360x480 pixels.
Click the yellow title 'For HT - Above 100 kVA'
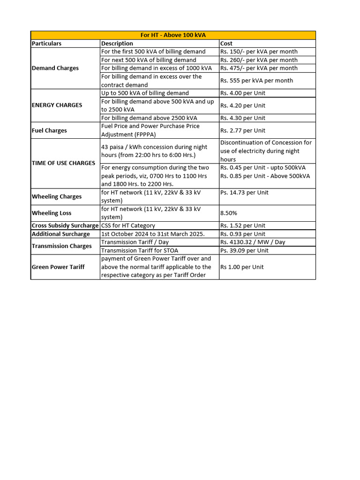[x=173, y=35]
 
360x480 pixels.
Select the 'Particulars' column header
[x=46, y=44]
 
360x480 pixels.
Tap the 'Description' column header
[x=117, y=44]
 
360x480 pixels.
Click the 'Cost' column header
[x=226, y=44]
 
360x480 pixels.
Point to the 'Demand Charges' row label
[x=55, y=68]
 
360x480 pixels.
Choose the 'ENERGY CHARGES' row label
[x=57, y=105]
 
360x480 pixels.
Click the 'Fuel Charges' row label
[x=49, y=130]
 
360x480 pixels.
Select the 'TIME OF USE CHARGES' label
[x=63, y=163]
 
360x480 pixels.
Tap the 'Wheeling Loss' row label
[x=52, y=213]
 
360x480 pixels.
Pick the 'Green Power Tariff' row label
[x=58, y=267]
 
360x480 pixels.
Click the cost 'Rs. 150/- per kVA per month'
[x=259, y=52]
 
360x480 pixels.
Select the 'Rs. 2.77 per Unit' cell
[x=243, y=130]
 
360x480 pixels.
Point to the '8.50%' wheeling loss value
[x=229, y=213]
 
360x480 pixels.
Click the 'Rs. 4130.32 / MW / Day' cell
[x=253, y=242]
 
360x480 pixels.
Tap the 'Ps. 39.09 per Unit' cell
[x=244, y=250]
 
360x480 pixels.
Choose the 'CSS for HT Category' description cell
[x=128, y=225]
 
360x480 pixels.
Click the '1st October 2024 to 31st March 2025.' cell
[x=153, y=234]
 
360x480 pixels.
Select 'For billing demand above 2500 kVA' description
[x=149, y=118]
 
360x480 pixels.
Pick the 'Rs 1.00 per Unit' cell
[x=242, y=267]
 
